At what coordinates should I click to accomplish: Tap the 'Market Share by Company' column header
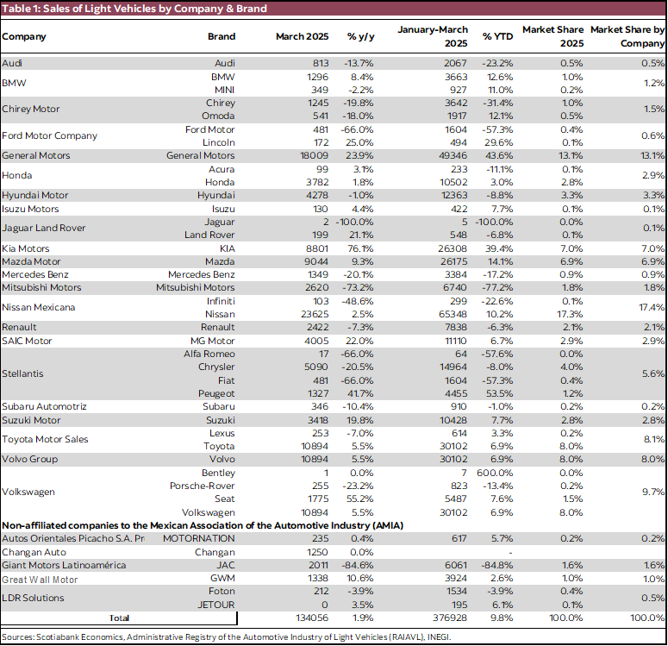(627, 36)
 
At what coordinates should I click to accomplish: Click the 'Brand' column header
(222, 37)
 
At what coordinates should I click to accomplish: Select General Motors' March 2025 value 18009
(312, 155)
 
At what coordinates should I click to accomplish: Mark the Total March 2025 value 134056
(309, 618)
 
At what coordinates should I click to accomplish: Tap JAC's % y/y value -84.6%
(361, 565)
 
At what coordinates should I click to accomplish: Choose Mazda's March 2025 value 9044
(315, 260)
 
